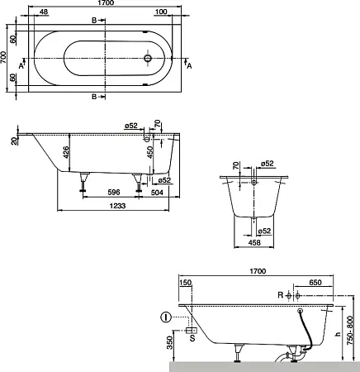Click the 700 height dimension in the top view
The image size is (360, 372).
pyautogui.click(x=3, y=57)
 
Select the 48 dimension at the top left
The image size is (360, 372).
pyautogui.click(x=44, y=12)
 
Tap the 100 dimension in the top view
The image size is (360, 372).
pyautogui.click(x=161, y=12)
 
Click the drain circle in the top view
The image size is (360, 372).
pyautogui.click(x=148, y=58)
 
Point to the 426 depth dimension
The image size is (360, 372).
pyautogui.click(x=66, y=152)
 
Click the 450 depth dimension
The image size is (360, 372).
pyautogui.click(x=150, y=152)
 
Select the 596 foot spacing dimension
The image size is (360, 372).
pyautogui.click(x=113, y=192)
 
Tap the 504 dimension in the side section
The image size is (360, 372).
pyautogui.click(x=157, y=192)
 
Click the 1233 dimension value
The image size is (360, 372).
pyautogui.click(x=117, y=206)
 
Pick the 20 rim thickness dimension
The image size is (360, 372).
pyautogui.click(x=15, y=141)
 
